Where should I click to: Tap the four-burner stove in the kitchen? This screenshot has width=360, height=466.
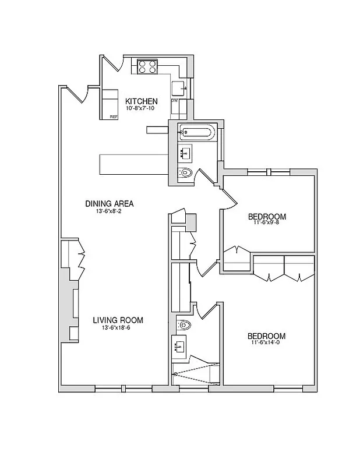pos(148,67)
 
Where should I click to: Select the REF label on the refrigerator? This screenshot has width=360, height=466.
pos(114,117)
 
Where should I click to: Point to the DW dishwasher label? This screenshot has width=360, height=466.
pos(174,101)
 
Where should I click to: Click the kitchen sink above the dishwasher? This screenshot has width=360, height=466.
pos(178,89)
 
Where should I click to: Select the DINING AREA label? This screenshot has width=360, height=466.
pos(110,203)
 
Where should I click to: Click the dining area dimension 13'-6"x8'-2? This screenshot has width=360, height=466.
pos(110,211)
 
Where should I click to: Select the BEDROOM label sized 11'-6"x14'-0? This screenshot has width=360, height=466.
pos(266,336)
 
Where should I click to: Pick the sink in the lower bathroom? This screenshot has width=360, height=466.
pos(180,348)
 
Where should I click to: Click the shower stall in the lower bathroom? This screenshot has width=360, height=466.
pos(196,372)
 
